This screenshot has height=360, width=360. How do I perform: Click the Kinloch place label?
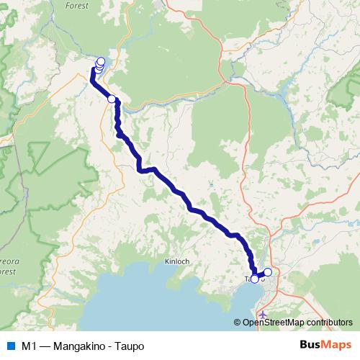click(176, 261)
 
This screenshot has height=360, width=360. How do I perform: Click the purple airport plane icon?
click(262, 315)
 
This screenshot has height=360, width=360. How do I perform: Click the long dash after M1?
click(45, 346)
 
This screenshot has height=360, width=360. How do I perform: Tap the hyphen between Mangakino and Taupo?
click(109, 346)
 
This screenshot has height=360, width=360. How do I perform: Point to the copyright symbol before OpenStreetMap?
click(237, 323)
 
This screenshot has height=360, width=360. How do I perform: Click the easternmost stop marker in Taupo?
click(268, 272)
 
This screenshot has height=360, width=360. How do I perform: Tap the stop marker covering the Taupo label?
click(254, 279)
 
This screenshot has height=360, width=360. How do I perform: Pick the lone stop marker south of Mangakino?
click(112, 99)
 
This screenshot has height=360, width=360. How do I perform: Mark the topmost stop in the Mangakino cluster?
click(101, 61)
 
